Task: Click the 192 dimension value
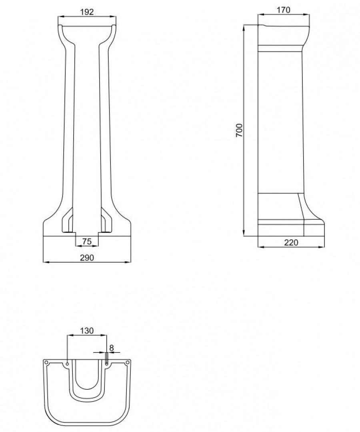click(87, 12)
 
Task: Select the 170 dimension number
click(283, 10)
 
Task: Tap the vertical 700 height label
click(239, 130)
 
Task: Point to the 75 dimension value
click(87, 241)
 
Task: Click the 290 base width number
click(87, 258)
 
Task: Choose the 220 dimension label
click(291, 243)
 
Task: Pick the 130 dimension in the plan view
click(87, 330)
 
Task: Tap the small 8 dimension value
click(112, 348)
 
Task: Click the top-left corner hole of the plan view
click(46, 362)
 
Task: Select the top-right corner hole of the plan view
click(127, 362)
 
